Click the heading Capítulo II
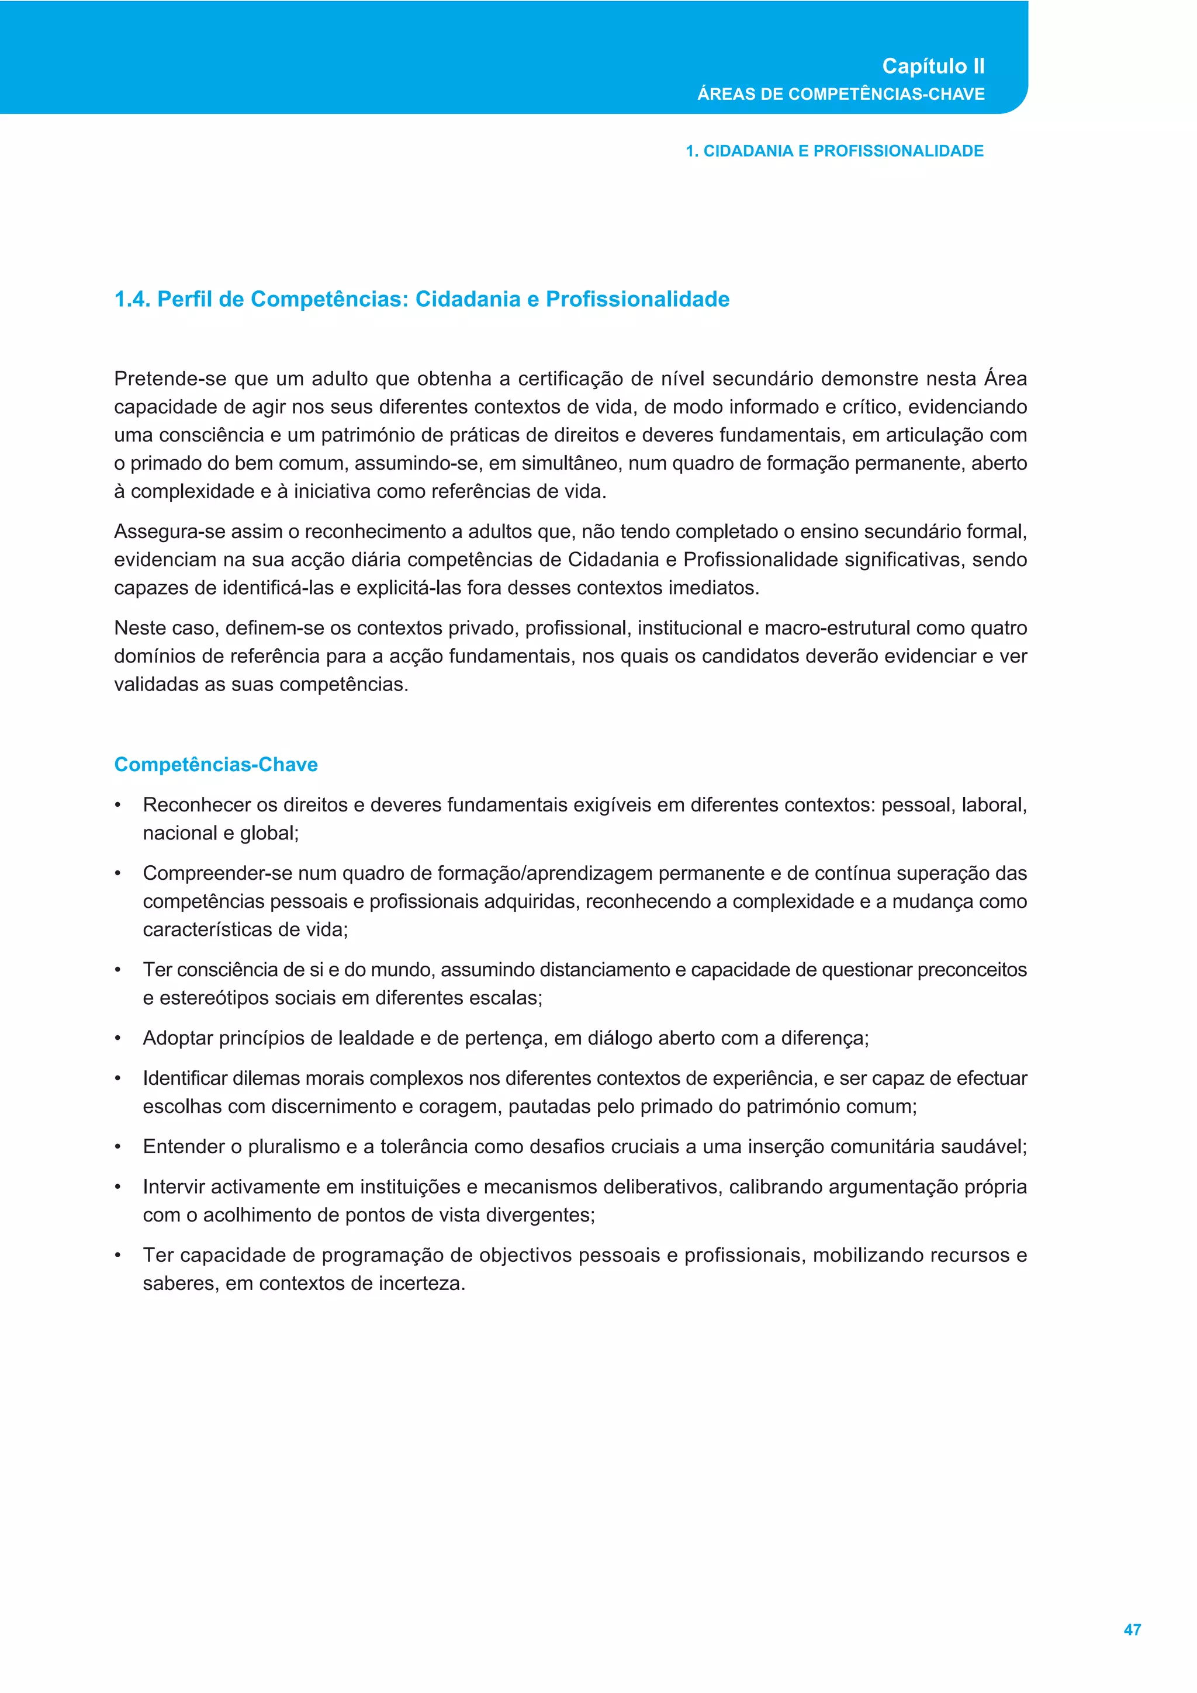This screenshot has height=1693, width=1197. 933,67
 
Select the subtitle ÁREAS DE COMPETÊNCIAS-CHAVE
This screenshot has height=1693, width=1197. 841,95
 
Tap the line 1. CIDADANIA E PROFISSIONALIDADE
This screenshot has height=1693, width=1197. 834,151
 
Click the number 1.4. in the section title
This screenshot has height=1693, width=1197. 133,299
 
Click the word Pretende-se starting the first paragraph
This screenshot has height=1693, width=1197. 169,379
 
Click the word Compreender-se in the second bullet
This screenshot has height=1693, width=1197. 217,874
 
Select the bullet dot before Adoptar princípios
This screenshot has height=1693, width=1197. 118,1039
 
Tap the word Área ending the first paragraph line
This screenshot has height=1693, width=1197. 1005,379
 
